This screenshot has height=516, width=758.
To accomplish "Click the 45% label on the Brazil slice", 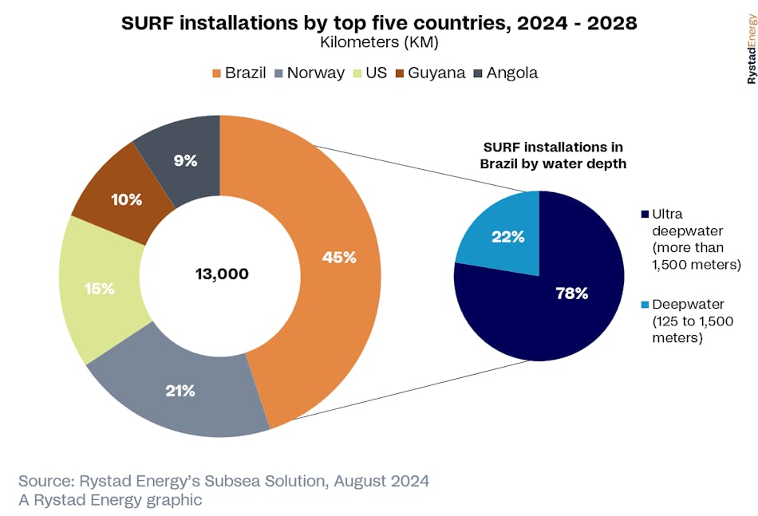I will tap(339, 258).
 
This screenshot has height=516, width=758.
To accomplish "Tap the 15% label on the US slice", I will tap(99, 289).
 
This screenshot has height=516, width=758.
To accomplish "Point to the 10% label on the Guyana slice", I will tap(127, 199).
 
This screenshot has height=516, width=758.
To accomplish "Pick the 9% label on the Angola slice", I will tap(185, 160).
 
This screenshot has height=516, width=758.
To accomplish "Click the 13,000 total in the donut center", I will tap(222, 274).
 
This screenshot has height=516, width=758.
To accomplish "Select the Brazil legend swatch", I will tap(215, 73).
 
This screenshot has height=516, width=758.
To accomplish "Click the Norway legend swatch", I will tap(278, 73).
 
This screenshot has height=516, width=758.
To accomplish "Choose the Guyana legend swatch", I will tap(398, 73).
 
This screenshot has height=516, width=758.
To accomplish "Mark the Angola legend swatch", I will tap(477, 73).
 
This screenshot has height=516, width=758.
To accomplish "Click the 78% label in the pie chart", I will tap(571, 293).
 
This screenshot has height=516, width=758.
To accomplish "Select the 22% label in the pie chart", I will tap(507, 236).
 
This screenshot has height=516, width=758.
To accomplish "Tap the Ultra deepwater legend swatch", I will tap(644, 215).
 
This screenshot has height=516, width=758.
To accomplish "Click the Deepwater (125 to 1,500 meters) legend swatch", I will tap(644, 305).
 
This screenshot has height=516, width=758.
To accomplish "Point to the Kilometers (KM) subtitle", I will tap(379, 42).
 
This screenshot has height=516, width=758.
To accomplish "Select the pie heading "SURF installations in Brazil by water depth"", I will tap(552, 155).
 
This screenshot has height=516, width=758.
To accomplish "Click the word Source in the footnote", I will tap(47, 481).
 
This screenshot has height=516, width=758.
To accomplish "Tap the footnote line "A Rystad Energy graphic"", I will tap(110, 500).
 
